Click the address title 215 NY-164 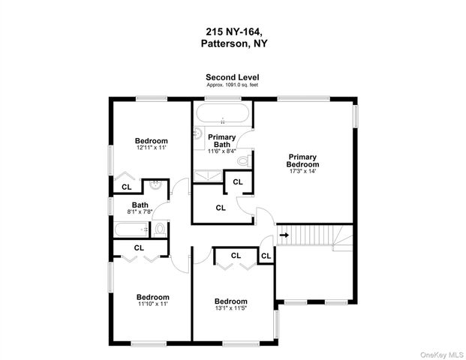pyautogui.click(x=233, y=32)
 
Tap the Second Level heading pyautogui.click(x=233, y=77)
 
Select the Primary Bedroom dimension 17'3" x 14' pyautogui.click(x=302, y=171)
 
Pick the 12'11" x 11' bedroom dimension pyautogui.click(x=151, y=148)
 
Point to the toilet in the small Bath pyautogui.click(x=160, y=229)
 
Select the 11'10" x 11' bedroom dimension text pyautogui.click(x=152, y=304)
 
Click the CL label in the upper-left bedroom pyautogui.click(x=127, y=187)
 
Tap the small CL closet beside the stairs pyautogui.click(x=266, y=256)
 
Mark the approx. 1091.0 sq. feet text pyautogui.click(x=233, y=85)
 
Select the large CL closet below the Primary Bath pyautogui.click(x=221, y=208)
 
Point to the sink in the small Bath pyautogui.click(x=155, y=184)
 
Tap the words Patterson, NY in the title pyautogui.click(x=233, y=43)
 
